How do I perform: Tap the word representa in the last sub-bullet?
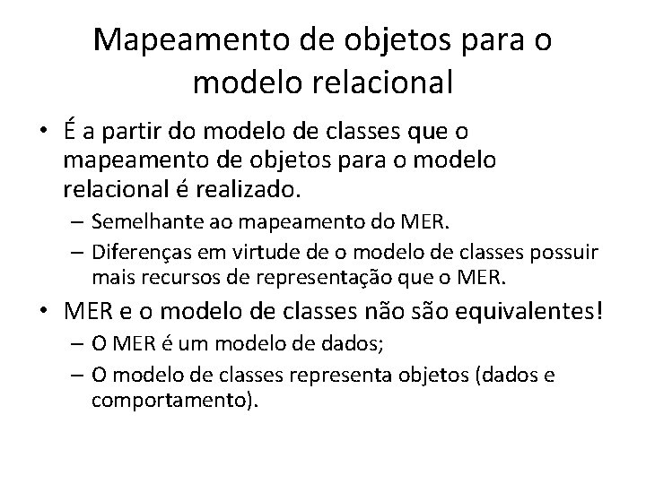[x=335, y=375]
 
